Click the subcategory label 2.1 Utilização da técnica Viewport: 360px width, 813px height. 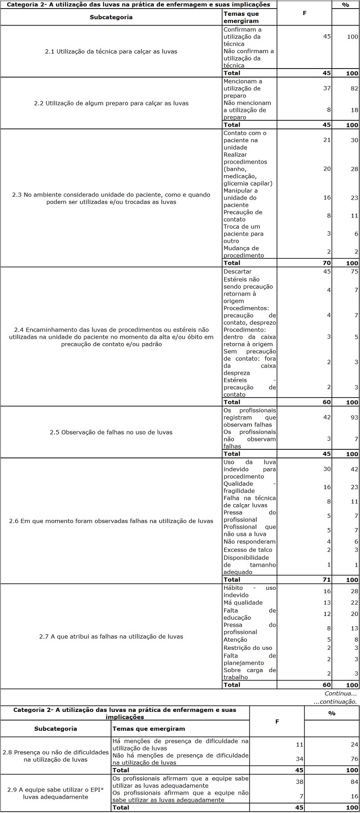tap(111, 51)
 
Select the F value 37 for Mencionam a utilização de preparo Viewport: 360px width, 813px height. tap(327, 88)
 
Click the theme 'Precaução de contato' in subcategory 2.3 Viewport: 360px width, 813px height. tap(243, 216)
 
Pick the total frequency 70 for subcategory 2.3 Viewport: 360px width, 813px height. tap(327, 263)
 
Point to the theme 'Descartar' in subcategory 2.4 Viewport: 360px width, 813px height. tap(237, 272)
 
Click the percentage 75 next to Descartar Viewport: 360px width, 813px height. tap(354, 272)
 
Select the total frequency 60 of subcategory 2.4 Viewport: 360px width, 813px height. tap(327, 402)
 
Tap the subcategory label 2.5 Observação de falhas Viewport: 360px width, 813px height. tap(111, 432)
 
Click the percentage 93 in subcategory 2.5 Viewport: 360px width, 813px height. tap(354, 418)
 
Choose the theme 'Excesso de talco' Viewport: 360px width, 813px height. tap(248, 550)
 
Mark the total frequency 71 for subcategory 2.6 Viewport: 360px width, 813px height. tap(327, 580)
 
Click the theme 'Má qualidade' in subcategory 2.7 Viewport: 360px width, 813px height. tap(243, 603)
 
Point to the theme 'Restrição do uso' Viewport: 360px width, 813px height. tap(248, 648)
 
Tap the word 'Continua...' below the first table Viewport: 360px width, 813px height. tap(340, 693)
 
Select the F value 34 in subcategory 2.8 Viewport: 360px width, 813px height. tap(300, 759)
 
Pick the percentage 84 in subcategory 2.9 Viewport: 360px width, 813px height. tap(354, 782)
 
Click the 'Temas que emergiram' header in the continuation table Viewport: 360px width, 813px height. tap(148, 729)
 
